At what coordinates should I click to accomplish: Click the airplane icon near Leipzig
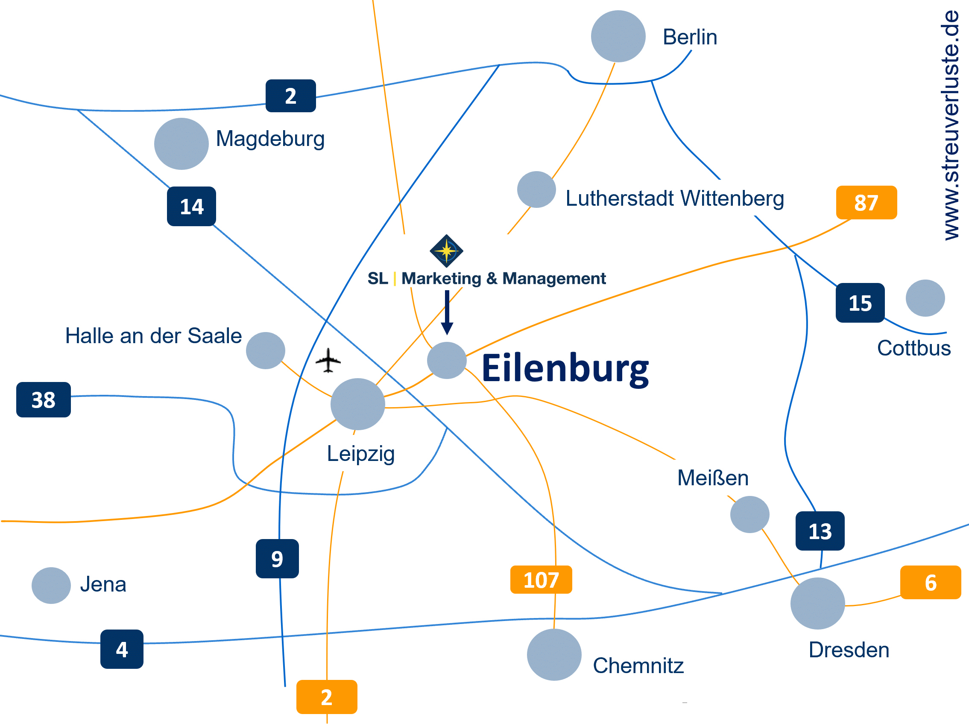pos(328,360)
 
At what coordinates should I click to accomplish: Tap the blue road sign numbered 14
pos(191,206)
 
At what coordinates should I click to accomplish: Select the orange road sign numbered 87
pos(866,202)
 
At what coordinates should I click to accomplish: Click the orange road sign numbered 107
pos(541,580)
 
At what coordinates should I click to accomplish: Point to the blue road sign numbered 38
pos(44,399)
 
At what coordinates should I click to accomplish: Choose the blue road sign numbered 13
pos(820,531)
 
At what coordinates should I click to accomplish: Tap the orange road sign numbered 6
pos(930,582)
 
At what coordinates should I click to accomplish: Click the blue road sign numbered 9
pos(277,558)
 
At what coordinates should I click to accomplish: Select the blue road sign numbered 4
pos(122,648)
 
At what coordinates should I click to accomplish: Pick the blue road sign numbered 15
pos(860,303)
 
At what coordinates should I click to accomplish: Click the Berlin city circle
pos(618,36)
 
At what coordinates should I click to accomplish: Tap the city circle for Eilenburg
pos(446,360)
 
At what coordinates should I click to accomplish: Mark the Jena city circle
pos(51,585)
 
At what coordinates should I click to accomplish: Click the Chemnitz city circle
pos(554,654)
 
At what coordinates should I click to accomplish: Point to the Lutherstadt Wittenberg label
pos(674,198)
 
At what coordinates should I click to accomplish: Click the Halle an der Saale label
pos(153,336)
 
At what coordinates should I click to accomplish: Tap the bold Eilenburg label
pos(565,369)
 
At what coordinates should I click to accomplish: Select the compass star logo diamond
pos(446,251)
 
